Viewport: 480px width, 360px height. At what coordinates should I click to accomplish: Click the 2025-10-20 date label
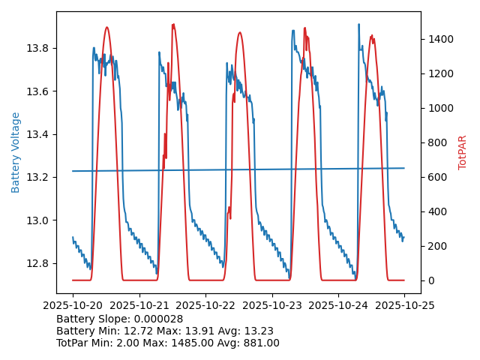[73, 305]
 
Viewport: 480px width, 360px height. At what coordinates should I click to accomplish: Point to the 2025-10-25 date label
[404, 305]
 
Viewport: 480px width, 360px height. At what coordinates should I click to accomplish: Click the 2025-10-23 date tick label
[271, 305]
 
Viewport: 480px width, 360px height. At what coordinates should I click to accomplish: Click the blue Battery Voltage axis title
[16, 152]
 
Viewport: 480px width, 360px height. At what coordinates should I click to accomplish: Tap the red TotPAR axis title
[463, 152]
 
